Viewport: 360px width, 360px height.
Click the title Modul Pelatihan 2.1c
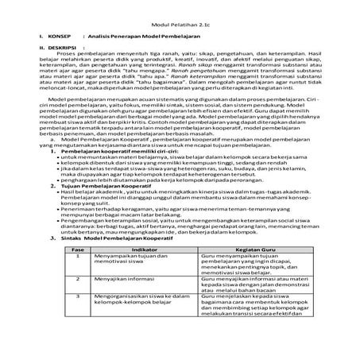(x=180, y=25)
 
